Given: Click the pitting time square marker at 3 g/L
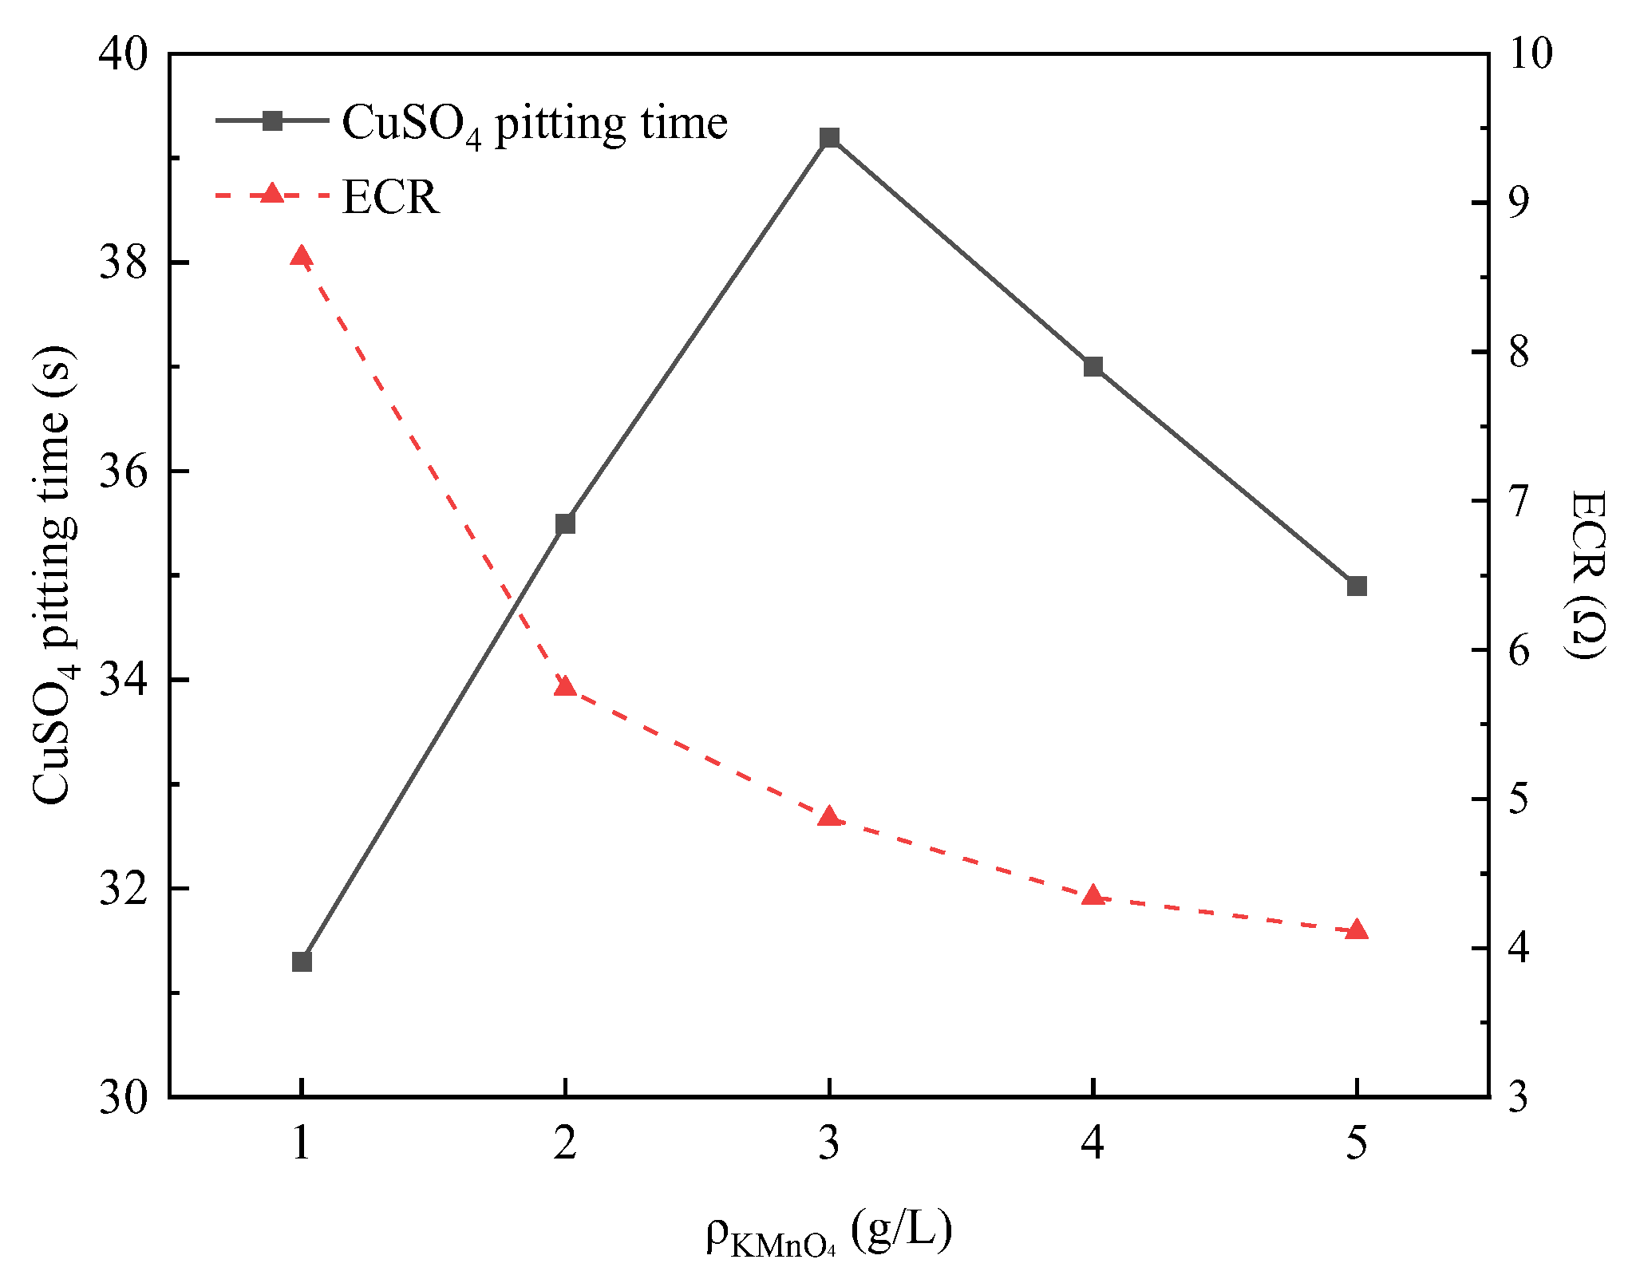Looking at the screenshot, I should click(x=829, y=138).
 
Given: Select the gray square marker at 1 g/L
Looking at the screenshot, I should click(x=302, y=961).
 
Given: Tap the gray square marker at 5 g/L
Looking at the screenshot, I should click(x=1357, y=586).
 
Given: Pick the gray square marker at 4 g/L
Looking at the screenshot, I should click(x=1093, y=366).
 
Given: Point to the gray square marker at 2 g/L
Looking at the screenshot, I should click(x=565, y=523).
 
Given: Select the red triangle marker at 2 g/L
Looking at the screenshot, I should click(x=565, y=686).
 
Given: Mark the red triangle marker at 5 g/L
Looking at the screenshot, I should click(x=1357, y=930).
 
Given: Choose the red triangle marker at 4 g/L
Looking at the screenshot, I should click(x=1093, y=895).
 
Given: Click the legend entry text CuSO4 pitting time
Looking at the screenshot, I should click(x=534, y=124).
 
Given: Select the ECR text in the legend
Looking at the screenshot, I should click(x=390, y=197).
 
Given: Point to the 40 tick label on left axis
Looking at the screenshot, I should click(x=123, y=55).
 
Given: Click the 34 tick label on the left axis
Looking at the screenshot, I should click(x=123, y=681).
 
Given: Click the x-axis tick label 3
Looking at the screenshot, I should click(x=829, y=1143).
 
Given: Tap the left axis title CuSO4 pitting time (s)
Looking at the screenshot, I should click(x=54, y=574).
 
